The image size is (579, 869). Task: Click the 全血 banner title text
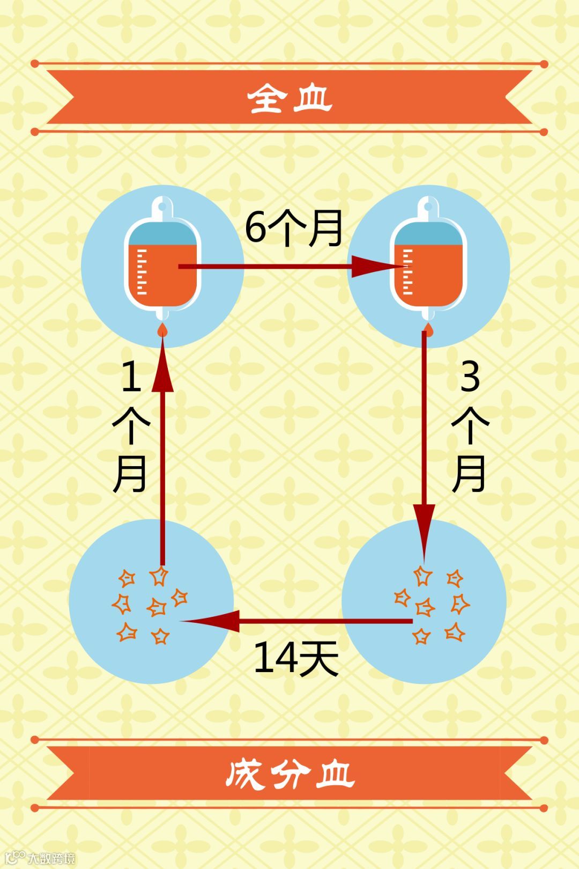(289, 98)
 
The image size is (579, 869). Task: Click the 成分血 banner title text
(289, 774)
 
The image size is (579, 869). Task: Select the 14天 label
(295, 658)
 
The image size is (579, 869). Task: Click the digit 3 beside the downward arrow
(470, 377)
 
